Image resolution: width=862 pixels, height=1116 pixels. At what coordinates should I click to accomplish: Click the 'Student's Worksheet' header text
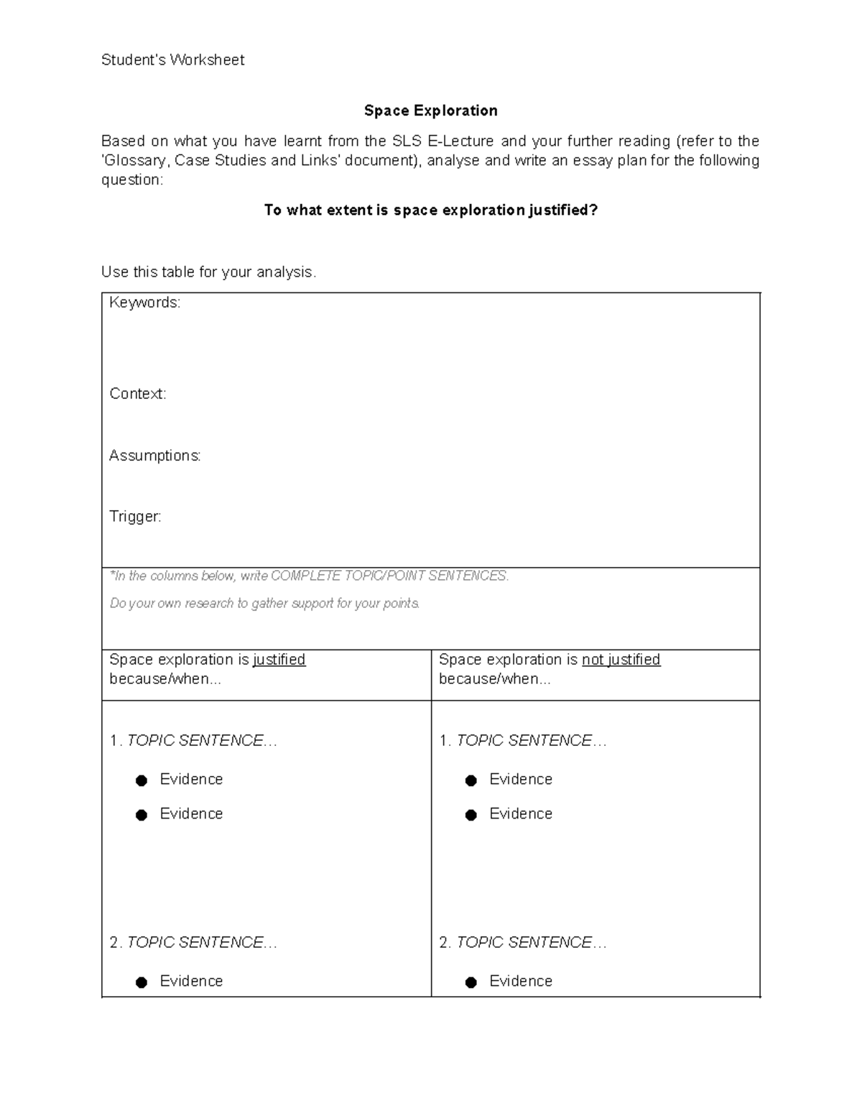172,60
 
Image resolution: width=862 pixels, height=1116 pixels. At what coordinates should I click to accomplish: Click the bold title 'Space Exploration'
430,111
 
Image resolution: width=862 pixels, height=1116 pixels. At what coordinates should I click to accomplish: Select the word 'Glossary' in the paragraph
136,160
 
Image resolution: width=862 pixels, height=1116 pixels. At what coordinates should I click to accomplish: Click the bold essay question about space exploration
430,210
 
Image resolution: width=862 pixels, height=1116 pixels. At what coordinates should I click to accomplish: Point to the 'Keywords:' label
144,303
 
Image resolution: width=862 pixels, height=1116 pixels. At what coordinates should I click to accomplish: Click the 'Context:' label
137,394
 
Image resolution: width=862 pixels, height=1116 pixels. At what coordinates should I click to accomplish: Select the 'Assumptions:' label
154,456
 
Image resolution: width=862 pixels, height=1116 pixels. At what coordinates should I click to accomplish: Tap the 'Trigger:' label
135,517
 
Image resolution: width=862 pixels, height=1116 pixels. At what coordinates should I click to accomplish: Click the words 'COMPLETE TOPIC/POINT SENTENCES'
389,576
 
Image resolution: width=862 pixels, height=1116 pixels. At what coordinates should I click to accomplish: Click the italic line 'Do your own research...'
264,603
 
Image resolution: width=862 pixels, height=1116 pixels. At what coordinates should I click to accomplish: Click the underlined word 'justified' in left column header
279,660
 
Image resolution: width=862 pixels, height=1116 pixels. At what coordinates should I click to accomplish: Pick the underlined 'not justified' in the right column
621,660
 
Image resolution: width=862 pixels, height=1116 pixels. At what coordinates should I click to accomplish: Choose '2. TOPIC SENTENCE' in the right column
522,943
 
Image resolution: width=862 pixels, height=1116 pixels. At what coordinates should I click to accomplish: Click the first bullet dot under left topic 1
142,780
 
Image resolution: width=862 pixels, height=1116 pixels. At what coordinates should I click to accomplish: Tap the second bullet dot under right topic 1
471,815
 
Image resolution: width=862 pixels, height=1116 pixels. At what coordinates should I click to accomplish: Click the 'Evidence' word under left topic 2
191,982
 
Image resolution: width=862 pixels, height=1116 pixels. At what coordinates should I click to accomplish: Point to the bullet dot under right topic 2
471,982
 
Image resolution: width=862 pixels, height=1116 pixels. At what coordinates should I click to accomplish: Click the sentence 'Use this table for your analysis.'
208,272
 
